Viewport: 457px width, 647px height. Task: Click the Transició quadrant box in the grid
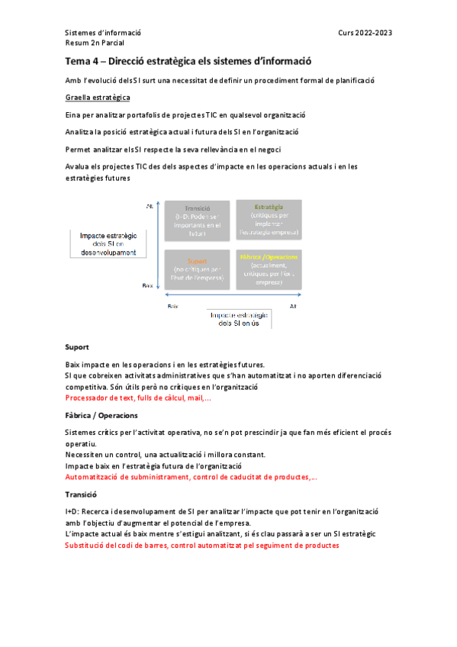tap(197, 220)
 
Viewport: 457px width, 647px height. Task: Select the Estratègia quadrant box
tap(268, 220)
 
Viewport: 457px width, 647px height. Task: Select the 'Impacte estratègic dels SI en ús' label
tap(242, 319)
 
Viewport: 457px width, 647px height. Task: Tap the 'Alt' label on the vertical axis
tap(149, 206)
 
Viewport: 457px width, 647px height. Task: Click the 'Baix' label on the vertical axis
tap(148, 285)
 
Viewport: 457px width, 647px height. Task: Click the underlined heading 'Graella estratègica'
tap(98, 98)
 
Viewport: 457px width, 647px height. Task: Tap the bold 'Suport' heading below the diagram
tap(77, 346)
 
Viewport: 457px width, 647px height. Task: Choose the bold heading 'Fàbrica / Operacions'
tap(101, 415)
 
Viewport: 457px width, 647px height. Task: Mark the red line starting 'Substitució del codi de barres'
tap(202, 546)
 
